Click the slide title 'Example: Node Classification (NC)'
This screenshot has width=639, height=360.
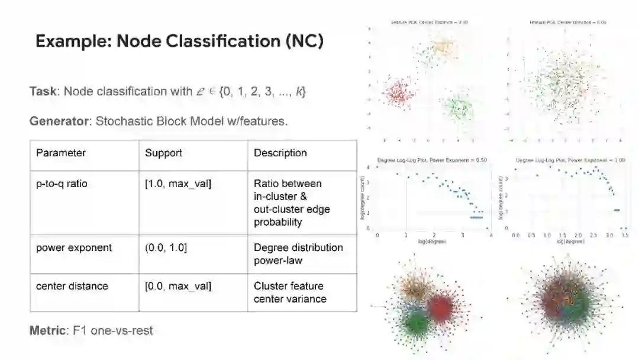tap(179, 41)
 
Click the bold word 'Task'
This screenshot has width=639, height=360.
tap(44, 92)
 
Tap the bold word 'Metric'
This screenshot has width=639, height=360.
tap(47, 330)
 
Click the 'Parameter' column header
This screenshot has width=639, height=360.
tap(61, 153)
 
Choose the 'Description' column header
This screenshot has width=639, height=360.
tap(280, 153)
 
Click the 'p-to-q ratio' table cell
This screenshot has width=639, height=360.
tap(62, 184)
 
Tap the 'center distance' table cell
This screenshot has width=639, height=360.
tap(72, 286)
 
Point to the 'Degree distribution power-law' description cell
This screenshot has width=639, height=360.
tap(298, 254)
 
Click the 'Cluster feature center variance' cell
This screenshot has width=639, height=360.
tap(290, 292)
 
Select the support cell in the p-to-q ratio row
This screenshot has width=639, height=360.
tap(178, 184)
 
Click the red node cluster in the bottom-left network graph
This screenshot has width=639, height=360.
tap(439, 308)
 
